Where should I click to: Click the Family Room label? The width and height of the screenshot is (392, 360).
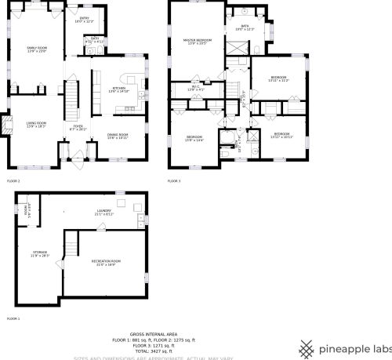[x=38, y=49]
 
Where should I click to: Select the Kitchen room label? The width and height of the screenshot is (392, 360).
[x=119, y=89]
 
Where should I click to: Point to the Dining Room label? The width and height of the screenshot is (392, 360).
[x=118, y=136]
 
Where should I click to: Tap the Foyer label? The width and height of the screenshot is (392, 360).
[x=78, y=127]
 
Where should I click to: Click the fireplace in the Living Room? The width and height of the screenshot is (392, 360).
[x=9, y=125]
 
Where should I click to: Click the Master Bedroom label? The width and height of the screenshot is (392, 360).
[x=198, y=41]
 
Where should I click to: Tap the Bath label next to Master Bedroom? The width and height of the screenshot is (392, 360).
[x=245, y=28]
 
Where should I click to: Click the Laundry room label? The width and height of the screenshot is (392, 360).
[x=104, y=213]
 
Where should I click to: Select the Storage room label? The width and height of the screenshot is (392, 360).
[x=40, y=253]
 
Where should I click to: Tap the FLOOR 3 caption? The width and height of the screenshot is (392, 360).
[x=174, y=181]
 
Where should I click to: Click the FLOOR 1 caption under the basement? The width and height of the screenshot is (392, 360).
[x=13, y=318]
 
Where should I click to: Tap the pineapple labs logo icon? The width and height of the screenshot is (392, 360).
[x=308, y=348]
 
